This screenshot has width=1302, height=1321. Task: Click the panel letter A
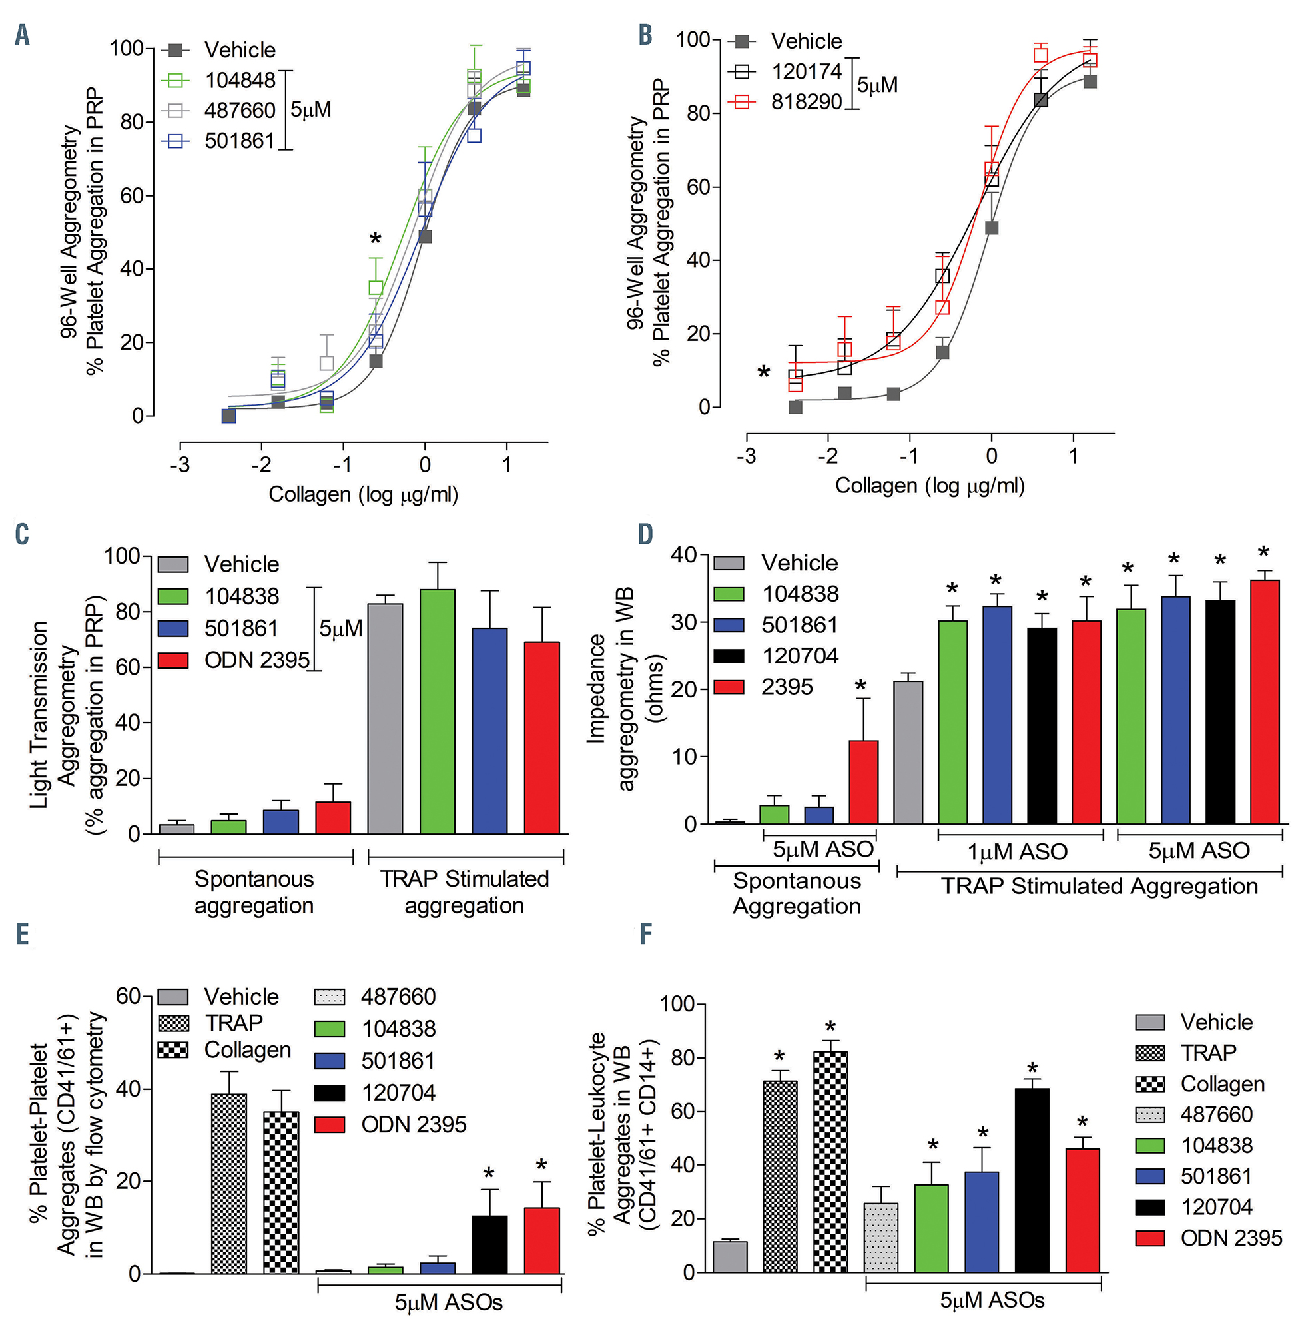coord(23,34)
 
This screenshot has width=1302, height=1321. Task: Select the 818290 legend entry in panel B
coord(806,102)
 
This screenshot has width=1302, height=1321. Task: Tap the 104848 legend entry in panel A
coord(240,80)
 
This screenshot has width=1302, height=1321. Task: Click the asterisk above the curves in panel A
coord(375,239)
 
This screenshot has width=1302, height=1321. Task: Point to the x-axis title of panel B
coord(930,486)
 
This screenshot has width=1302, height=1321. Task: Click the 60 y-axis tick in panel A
coord(132,196)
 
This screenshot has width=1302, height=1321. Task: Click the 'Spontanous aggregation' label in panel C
coord(254,891)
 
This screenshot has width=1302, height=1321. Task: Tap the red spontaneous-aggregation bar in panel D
coord(863,782)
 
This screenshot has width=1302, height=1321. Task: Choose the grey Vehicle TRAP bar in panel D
coord(908,752)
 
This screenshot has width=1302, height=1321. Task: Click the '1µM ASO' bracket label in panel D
coord(1017,852)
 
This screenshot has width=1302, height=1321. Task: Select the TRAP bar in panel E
coord(229,1184)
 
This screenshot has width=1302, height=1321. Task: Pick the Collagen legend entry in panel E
coord(248,1050)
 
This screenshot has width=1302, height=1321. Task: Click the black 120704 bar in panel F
coord(1032,1180)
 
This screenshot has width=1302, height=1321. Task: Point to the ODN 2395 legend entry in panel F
coord(1231,1238)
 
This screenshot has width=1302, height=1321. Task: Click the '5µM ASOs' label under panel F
coord(992,1300)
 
